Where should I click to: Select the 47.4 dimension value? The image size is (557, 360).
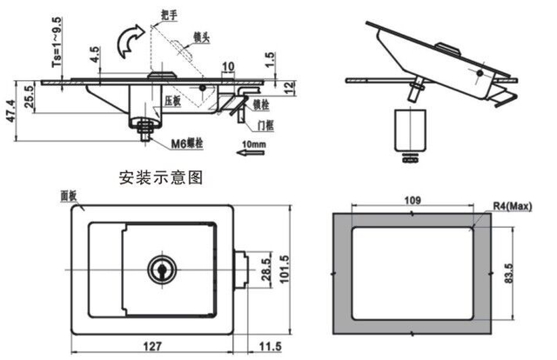coord(11,110)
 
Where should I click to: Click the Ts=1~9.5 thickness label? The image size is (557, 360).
coord(57,43)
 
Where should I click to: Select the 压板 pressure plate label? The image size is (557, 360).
coord(171,102)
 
